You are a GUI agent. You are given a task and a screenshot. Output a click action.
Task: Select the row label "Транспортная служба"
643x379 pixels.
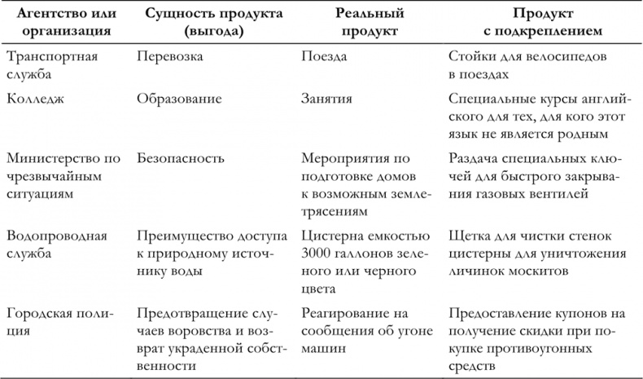tap(51, 66)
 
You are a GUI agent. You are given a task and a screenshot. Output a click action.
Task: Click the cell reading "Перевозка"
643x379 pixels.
tap(170, 58)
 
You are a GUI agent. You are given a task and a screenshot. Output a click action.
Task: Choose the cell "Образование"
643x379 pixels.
tap(179, 99)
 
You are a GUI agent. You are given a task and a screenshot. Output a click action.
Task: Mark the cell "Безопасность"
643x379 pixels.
tap(181, 157)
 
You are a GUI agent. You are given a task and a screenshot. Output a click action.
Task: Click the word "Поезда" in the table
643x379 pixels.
tap(324, 58)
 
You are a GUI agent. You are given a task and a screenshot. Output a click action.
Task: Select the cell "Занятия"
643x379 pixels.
tap(326, 99)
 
